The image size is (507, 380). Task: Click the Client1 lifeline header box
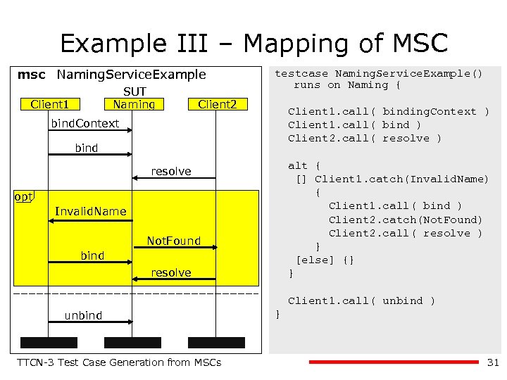pyautogui.click(x=49, y=105)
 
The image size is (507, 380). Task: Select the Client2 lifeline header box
pyautogui.click(x=218, y=105)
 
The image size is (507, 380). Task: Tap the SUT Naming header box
pyautogui.click(x=134, y=105)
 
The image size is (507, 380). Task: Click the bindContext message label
pyautogui.click(x=85, y=124)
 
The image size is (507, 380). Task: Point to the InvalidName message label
pyautogui.click(x=90, y=211)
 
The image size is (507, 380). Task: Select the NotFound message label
pyautogui.click(x=173, y=241)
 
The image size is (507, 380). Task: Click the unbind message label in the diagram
pyautogui.click(x=83, y=315)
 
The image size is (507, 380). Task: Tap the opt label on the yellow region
pyautogui.click(x=24, y=196)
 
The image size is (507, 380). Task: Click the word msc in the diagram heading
pyautogui.click(x=32, y=74)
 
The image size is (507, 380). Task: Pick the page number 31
pyautogui.click(x=492, y=362)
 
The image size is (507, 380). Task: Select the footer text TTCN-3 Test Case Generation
pyautogui.click(x=119, y=362)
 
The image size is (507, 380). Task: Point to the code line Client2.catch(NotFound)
pyautogui.click(x=406, y=220)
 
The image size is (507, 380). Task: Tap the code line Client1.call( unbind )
pyautogui.click(x=361, y=300)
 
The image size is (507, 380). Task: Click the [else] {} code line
pyautogui.click(x=325, y=260)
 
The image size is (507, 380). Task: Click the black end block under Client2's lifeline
pyautogui.click(x=218, y=343)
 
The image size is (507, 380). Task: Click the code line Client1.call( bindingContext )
pyautogui.click(x=388, y=111)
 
